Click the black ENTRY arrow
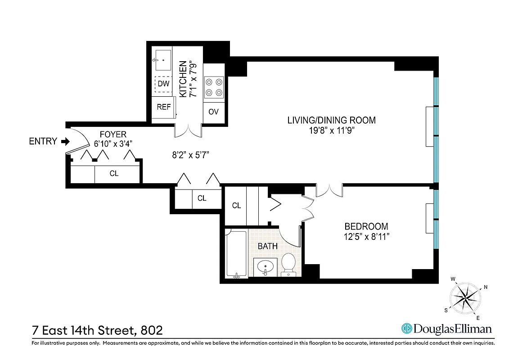[66, 141]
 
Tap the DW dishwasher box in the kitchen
[163, 84]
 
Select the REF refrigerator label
[163, 107]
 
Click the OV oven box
[213, 111]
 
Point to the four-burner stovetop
[214, 87]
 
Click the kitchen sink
[162, 60]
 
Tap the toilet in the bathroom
[288, 264]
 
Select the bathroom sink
[266, 267]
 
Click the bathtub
[236, 254]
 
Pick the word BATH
[267, 246]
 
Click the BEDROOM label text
[366, 226]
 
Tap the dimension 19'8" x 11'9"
[331, 130]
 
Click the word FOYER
[113, 134]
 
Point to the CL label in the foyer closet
[114, 173]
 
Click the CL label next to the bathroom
[236, 206]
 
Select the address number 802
[149, 330]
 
